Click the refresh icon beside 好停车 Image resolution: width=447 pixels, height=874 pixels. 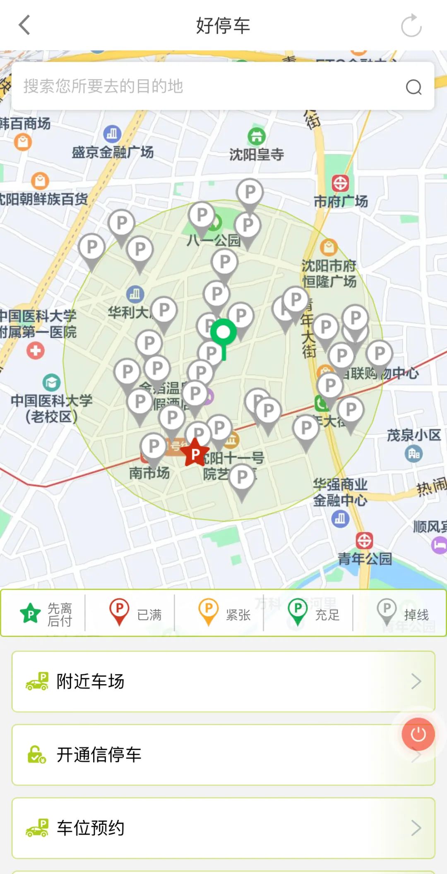[411, 26]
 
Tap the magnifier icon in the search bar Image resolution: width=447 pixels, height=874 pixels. [413, 87]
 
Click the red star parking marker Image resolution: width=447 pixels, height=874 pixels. [195, 453]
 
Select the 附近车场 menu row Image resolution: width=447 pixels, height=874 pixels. [223, 681]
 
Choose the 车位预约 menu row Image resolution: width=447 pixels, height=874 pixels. [223, 828]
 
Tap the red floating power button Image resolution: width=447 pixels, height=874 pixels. [418, 734]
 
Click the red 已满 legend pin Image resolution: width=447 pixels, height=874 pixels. [119, 612]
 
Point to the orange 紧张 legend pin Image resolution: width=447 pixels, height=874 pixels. [209, 612]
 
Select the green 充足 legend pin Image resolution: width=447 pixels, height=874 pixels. [298, 612]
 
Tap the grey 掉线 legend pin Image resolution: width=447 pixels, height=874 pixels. [387, 612]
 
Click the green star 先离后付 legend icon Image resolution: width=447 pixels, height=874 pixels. [30, 614]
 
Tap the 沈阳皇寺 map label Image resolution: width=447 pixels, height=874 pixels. [257, 155]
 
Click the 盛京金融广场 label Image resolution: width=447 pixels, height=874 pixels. [113, 152]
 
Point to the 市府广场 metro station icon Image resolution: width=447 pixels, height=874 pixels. [340, 183]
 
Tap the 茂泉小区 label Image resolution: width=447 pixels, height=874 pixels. [413, 435]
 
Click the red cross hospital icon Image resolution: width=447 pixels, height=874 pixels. [36, 351]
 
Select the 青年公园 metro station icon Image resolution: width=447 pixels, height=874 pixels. [364, 540]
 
